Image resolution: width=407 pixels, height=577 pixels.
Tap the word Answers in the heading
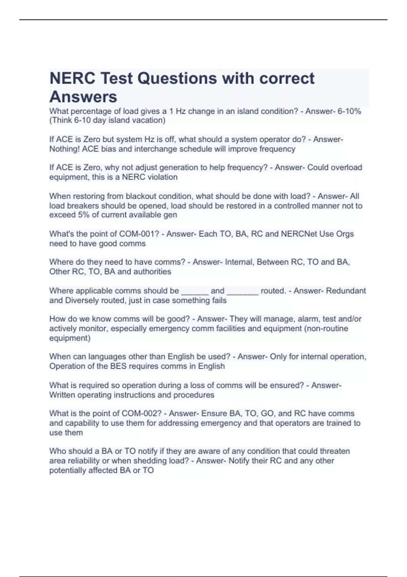[x=83, y=97]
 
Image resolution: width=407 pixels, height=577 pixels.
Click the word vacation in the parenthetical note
[x=149, y=120]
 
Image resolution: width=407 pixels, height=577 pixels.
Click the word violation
[x=161, y=177]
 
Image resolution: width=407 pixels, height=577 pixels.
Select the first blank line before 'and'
[x=195, y=291]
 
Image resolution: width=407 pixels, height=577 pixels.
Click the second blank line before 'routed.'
[x=243, y=291]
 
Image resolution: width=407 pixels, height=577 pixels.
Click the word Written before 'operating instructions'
[x=63, y=395]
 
